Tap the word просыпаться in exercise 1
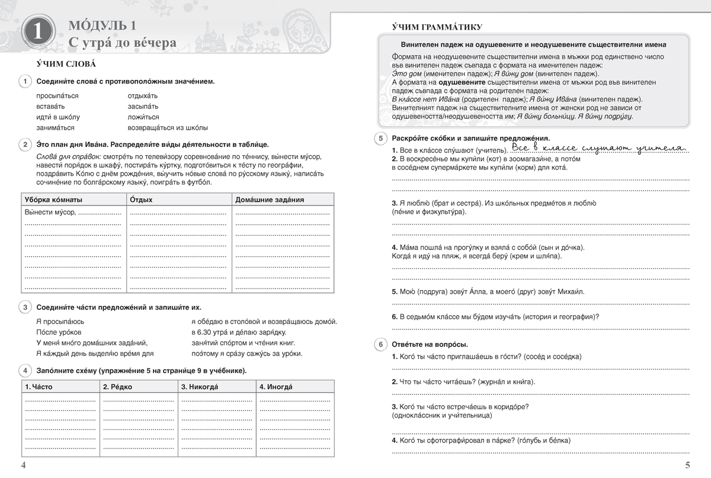pos(57,95)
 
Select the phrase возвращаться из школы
pos(168,127)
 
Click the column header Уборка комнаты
pos(53,200)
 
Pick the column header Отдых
pos(141,200)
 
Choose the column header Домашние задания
pos(270,200)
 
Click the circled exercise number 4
pos(26,371)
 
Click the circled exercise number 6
pos(381,344)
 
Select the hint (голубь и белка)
pos(536,441)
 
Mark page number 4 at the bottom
pos(24,465)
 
